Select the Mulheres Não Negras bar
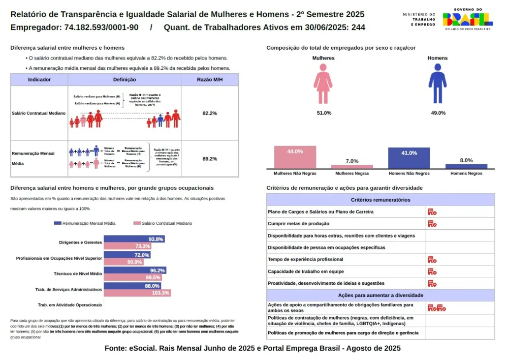click(x=295, y=157)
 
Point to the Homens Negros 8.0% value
click(x=466, y=160)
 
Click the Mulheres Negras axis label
click(x=352, y=173)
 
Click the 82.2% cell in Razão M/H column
click(x=210, y=114)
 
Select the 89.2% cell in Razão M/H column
click(x=210, y=159)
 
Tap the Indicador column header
click(x=39, y=80)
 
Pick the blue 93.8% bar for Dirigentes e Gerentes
click(x=134, y=239)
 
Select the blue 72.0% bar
click(x=127, y=255)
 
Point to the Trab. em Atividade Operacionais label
click(x=70, y=305)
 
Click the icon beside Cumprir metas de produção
click(x=432, y=224)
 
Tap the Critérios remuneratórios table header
click(x=380, y=200)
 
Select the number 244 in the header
click(x=358, y=28)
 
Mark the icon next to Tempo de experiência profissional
click(x=432, y=259)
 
